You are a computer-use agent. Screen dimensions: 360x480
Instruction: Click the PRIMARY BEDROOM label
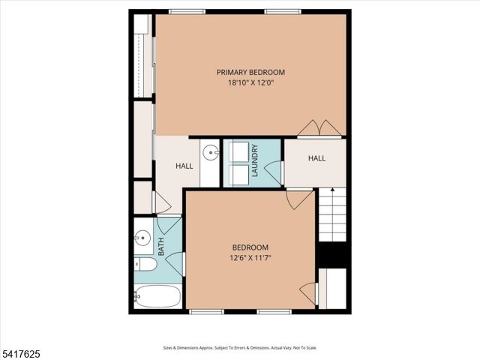pos(250,72)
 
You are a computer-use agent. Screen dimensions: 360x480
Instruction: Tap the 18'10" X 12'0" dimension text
pos(250,83)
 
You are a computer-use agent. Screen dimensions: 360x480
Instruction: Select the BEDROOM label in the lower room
pos(250,247)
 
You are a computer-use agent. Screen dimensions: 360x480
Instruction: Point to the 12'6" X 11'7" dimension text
pos(250,258)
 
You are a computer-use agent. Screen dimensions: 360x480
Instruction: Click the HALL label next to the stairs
pos(316,158)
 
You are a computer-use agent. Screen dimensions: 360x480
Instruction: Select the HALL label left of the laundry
pos(184,166)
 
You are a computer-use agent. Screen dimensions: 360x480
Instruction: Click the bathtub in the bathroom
pos(157,295)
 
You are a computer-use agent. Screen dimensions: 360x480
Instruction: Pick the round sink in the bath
pos(142,239)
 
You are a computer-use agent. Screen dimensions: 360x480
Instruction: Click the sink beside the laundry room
pos(211,152)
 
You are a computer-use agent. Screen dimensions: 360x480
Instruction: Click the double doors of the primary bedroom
pos(320,128)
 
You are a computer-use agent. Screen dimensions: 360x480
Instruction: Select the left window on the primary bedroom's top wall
pos(187,11)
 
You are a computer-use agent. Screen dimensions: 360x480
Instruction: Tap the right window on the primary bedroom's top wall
pos(283,11)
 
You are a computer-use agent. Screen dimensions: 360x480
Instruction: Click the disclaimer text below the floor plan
pos(240,348)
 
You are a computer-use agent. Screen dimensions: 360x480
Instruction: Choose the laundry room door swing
pos(274,172)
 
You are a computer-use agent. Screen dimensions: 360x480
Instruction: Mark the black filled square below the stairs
pos(332,255)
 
